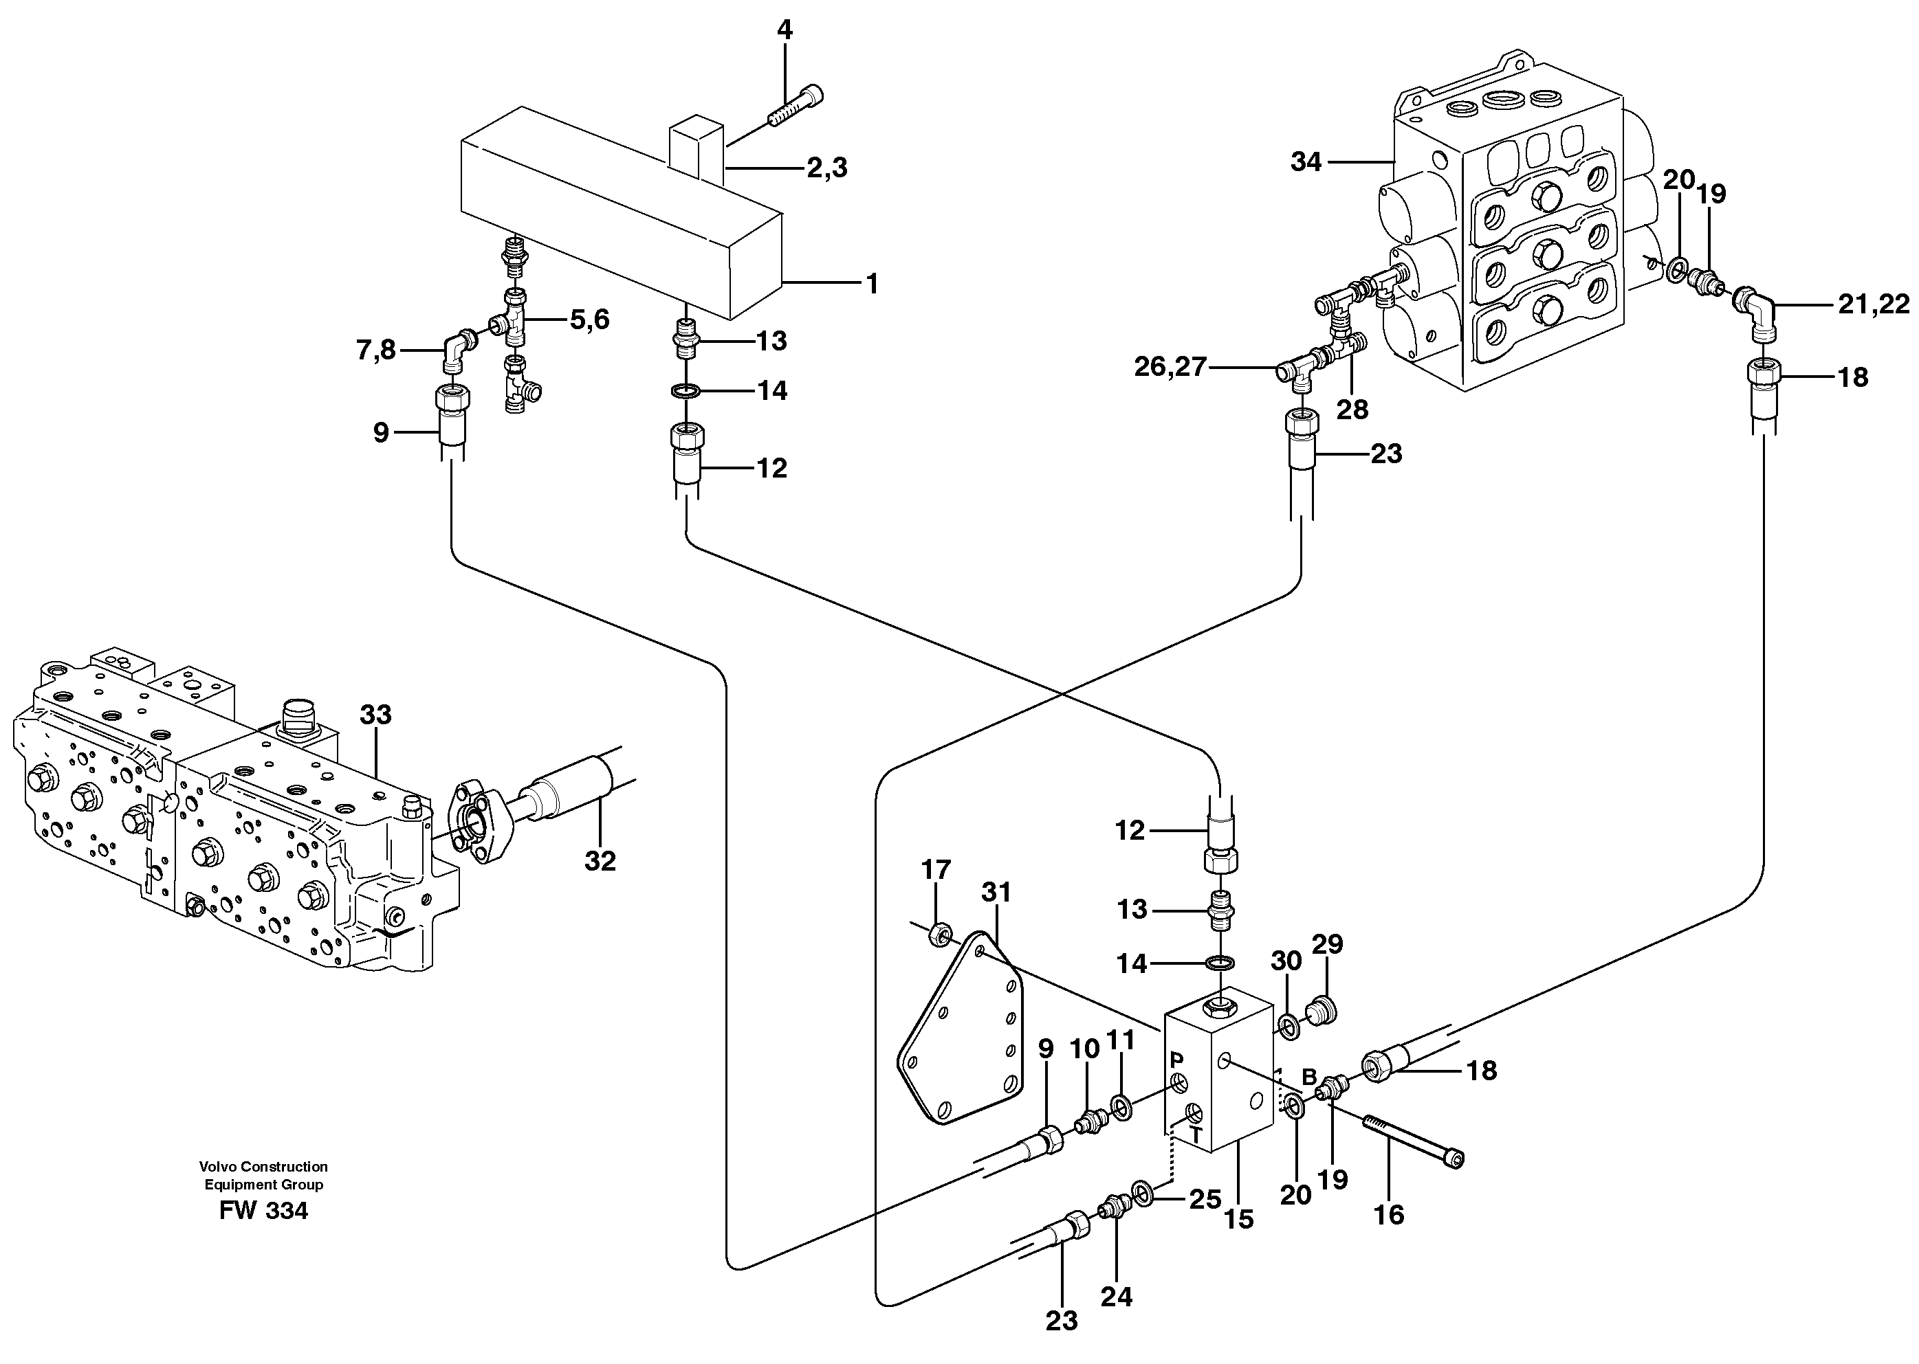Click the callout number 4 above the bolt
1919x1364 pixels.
pyautogui.click(x=783, y=30)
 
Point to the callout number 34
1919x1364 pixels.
pyautogui.click(x=1306, y=162)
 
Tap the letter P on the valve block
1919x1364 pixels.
pyautogui.click(x=1176, y=1061)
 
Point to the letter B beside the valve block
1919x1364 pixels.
pyautogui.click(x=1309, y=1076)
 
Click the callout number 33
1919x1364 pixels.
pyautogui.click(x=375, y=715)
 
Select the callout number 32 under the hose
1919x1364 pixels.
pyautogui.click(x=600, y=861)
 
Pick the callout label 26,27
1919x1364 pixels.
pyautogui.click(x=1170, y=366)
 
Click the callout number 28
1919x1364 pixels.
pyautogui.click(x=1352, y=410)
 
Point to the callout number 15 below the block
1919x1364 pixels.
pyautogui.click(x=1238, y=1220)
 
